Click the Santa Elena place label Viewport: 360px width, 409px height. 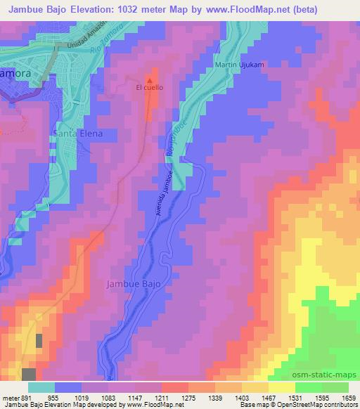(x=77, y=133)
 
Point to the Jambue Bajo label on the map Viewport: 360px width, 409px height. (x=133, y=284)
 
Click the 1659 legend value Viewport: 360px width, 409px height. (x=347, y=396)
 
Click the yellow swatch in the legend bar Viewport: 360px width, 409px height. (x=282, y=387)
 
